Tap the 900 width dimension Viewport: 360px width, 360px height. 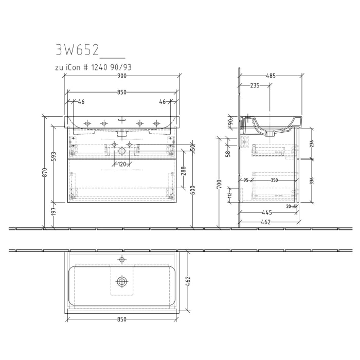coord(122,76)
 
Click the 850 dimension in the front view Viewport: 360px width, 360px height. coord(122,93)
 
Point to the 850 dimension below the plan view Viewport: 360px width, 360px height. coord(122,319)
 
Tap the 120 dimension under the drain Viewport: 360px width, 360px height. coord(122,164)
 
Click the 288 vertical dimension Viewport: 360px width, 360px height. coord(184,169)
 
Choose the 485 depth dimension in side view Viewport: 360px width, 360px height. coord(271,76)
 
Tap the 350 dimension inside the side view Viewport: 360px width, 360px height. coord(274,180)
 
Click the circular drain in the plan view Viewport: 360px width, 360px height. coord(122,281)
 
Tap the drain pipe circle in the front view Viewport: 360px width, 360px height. coord(122,151)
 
